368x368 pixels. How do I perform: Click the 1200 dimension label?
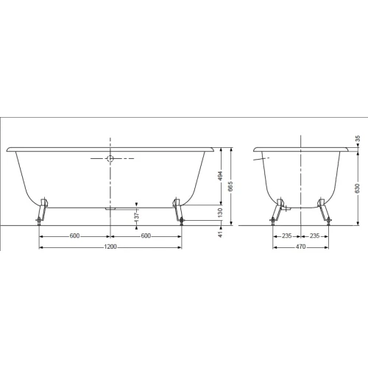tap(110, 247)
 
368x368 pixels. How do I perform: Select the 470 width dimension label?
tap(300, 247)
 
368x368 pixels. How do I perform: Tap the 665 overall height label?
tap(230, 186)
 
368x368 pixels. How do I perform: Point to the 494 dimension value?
tap(220, 176)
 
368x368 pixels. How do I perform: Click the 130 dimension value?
tap(220, 213)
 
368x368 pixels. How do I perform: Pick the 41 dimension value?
tap(220, 234)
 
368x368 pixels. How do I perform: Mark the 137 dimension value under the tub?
tap(137, 216)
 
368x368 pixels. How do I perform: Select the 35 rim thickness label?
tap(358, 138)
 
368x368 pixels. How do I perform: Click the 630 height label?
tap(358, 188)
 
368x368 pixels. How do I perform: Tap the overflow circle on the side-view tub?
tap(110, 158)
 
